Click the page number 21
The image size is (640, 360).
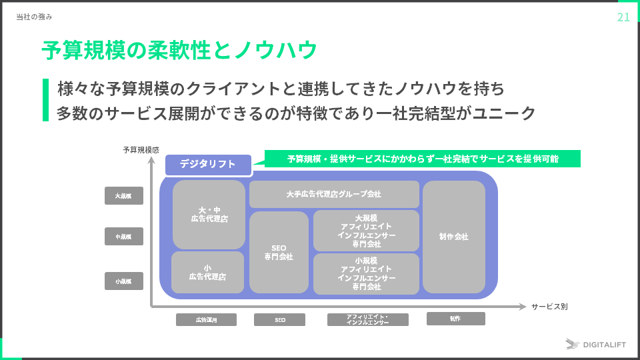pyautogui.click(x=623, y=17)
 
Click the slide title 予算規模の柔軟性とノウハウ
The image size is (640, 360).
pyautogui.click(x=179, y=50)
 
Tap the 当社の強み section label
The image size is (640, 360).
pyautogui.click(x=34, y=17)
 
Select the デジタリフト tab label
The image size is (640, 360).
pyautogui.click(x=208, y=164)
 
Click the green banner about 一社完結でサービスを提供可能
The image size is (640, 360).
pyautogui.click(x=423, y=159)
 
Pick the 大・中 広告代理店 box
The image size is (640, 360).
pyautogui.click(x=209, y=215)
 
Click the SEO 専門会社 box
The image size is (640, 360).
pyautogui.click(x=279, y=252)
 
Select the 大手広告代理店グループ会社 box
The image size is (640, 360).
pyautogui.click(x=334, y=194)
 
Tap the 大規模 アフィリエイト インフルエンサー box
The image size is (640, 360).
pyautogui.click(x=366, y=231)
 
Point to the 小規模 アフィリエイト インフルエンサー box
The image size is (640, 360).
pyautogui.click(x=366, y=273)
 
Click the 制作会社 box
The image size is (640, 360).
pyautogui.click(x=453, y=237)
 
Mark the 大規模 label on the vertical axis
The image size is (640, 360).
pyautogui.click(x=124, y=196)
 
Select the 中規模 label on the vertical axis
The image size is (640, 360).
pyautogui.click(x=124, y=237)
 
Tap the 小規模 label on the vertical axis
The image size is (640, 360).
pyautogui.click(x=124, y=281)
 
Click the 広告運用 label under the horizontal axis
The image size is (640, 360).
pyautogui.click(x=206, y=320)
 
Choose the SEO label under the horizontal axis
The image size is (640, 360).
pyautogui.click(x=279, y=320)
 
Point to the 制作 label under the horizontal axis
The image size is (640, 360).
pyautogui.click(x=455, y=319)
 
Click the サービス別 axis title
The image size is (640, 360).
pyautogui.click(x=549, y=307)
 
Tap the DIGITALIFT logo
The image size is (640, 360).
pyautogui.click(x=597, y=344)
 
